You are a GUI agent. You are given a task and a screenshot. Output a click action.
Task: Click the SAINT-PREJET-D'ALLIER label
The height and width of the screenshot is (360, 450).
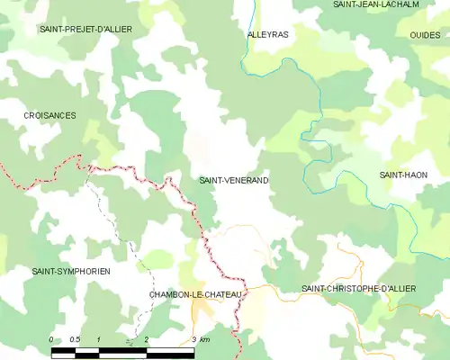85,30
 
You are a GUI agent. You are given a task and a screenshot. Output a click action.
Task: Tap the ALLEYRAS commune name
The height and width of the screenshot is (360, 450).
267,34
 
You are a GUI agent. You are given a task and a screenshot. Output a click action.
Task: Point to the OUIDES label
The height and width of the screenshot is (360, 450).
424,34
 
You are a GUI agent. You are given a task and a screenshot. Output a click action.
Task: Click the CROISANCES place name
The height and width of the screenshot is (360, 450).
49,116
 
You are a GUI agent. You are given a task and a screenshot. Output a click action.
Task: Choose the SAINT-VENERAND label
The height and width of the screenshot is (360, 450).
233,181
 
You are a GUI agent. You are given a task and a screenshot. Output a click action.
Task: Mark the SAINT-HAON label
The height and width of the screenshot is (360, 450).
402,175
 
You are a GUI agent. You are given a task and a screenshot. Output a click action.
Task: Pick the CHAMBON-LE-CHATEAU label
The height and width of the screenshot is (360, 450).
194,294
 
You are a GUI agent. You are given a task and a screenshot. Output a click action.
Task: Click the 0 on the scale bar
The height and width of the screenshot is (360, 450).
51,339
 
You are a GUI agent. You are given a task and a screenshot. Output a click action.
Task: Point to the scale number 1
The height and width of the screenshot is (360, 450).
98,339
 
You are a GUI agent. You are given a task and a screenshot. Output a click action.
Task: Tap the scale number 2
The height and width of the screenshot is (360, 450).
146,339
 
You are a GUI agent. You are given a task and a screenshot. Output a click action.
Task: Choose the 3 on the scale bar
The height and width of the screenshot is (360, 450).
193,339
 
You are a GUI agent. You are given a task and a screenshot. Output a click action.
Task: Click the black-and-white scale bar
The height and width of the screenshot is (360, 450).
121,351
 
